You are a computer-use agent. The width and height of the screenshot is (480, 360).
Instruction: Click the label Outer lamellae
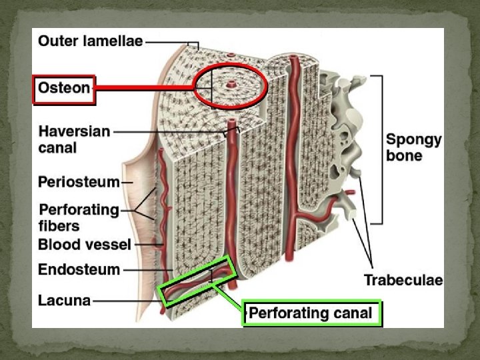tap(90, 41)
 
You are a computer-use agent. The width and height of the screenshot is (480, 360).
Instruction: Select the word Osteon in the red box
tap(65, 89)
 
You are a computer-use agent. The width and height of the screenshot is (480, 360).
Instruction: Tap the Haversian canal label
tap(74, 139)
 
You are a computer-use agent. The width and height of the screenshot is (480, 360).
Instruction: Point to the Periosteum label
tap(79, 181)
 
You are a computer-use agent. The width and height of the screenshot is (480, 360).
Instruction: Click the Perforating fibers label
tap(79, 218)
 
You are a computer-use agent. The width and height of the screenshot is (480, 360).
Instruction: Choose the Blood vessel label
tap(84, 244)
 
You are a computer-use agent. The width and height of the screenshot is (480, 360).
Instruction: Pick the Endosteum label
tap(79, 270)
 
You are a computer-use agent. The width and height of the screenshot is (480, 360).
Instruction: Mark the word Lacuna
tap(64, 301)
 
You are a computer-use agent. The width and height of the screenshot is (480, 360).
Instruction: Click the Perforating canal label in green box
tap(311, 313)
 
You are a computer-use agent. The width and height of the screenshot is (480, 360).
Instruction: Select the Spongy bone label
tap(413, 147)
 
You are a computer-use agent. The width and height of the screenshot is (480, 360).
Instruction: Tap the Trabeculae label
tap(403, 280)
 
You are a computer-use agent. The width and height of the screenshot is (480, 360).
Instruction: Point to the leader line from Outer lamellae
tap(170, 41)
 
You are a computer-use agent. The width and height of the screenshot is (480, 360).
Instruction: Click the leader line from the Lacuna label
tap(127, 301)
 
